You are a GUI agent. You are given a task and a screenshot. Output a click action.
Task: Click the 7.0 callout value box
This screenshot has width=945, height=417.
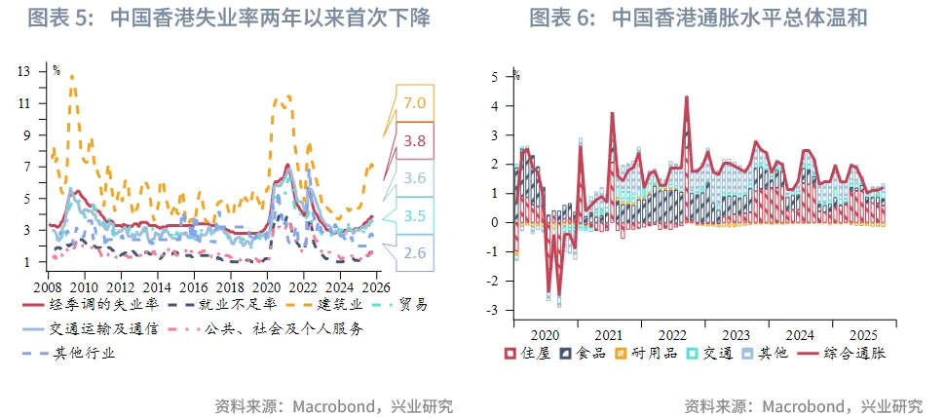pos(415,103)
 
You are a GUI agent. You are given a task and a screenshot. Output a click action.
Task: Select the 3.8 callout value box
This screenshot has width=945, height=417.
pos(415,141)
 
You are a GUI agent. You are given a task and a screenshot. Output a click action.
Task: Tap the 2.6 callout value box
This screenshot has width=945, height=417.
pos(415,253)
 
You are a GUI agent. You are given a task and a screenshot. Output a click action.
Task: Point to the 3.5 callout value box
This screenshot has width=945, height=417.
pos(415,216)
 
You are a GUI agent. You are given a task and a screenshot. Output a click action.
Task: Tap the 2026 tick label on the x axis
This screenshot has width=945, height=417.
pos(374,288)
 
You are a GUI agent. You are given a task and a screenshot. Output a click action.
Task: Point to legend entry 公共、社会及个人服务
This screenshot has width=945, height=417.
pos(283,329)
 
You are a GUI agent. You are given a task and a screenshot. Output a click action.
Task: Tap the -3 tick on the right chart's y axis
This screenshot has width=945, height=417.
pos(495,310)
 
